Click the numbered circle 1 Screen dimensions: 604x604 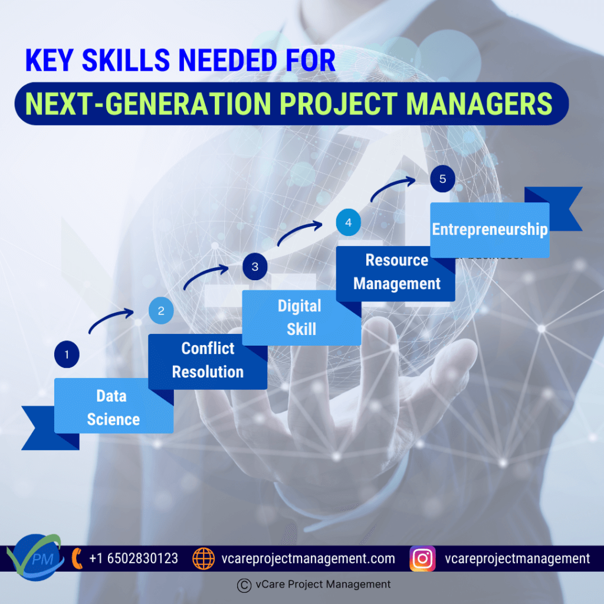(x=67, y=354)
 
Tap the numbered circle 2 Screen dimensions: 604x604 (x=161, y=310)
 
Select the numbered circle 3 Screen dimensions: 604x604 (x=255, y=267)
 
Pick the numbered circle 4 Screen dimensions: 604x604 (x=348, y=222)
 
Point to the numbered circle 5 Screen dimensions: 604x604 (x=442, y=179)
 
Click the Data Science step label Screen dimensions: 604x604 (x=113, y=408)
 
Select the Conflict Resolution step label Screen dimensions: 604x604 (x=208, y=360)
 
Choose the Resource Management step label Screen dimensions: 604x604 (x=397, y=272)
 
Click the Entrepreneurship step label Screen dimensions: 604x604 (x=490, y=229)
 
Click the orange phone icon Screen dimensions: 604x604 (x=77, y=559)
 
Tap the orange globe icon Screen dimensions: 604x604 (x=203, y=559)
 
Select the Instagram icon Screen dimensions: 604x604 (x=422, y=559)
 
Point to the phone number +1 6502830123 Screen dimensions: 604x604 (x=134, y=559)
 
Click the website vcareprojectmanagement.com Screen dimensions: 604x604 (x=308, y=559)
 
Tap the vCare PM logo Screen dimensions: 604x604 (x=35, y=557)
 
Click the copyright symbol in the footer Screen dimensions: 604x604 (x=244, y=585)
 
